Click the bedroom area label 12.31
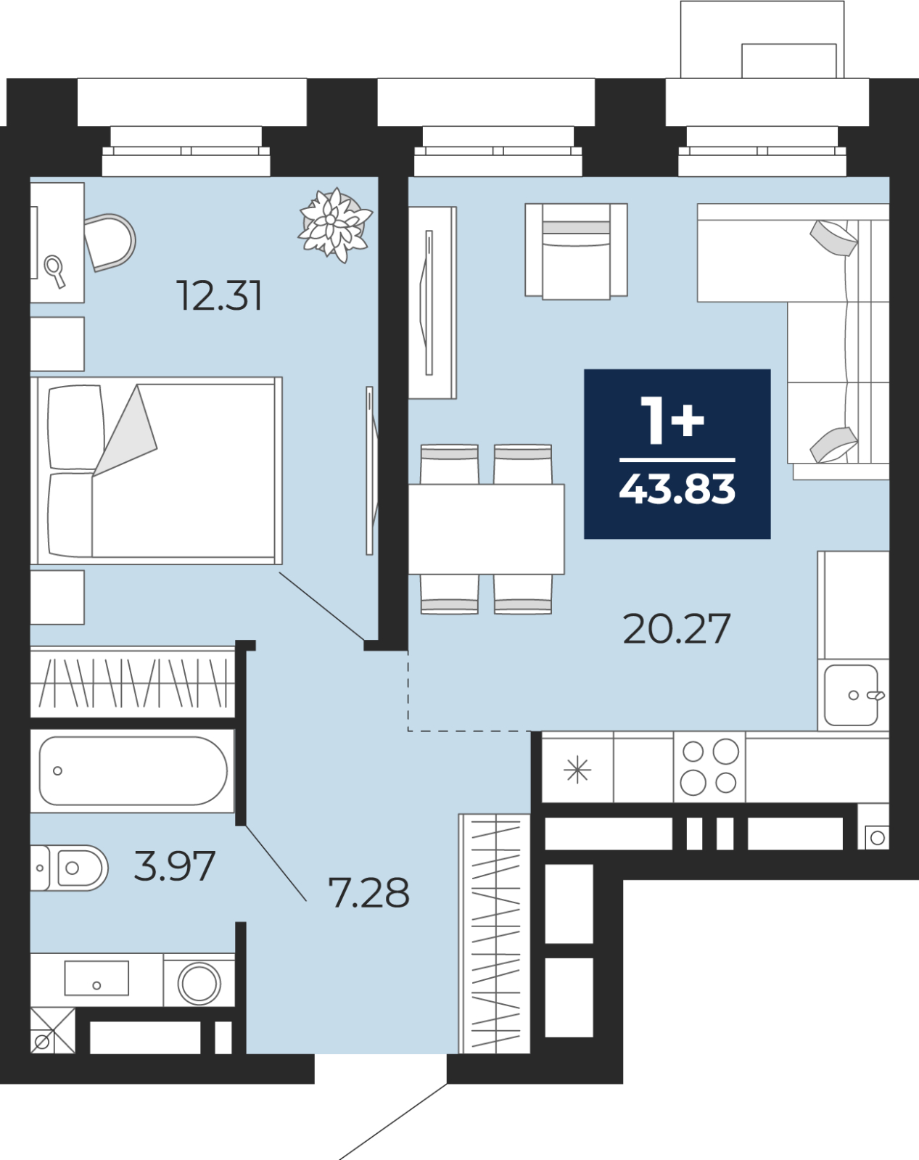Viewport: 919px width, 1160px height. pyautogui.click(x=219, y=296)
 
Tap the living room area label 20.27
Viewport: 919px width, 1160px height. pyautogui.click(x=677, y=628)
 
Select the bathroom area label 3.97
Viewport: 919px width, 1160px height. pyautogui.click(x=175, y=866)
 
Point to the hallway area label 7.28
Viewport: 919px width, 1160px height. pyautogui.click(x=368, y=892)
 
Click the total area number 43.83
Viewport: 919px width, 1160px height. pyautogui.click(x=677, y=489)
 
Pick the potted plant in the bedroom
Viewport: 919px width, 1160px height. pyautogui.click(x=335, y=224)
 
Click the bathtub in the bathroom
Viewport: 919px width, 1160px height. pyautogui.click(x=133, y=771)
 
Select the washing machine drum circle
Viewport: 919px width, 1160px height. pyautogui.click(x=199, y=983)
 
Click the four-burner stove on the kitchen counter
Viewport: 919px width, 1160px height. pyautogui.click(x=709, y=767)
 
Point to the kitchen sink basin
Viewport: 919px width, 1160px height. pyautogui.click(x=851, y=696)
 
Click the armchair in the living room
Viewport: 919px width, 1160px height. pyautogui.click(x=576, y=251)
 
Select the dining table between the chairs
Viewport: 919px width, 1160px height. pyautogui.click(x=486, y=529)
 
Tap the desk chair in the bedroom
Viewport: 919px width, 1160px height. pyautogui.click(x=110, y=242)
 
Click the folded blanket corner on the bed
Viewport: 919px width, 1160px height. pyautogui.click(x=126, y=430)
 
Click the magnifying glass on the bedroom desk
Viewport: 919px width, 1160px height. pyautogui.click(x=55, y=271)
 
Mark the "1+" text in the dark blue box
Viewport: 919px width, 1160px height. pyautogui.click(x=672, y=421)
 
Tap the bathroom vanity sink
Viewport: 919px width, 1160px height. pyautogui.click(x=96, y=978)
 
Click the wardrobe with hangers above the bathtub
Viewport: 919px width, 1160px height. pyautogui.click(x=133, y=682)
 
